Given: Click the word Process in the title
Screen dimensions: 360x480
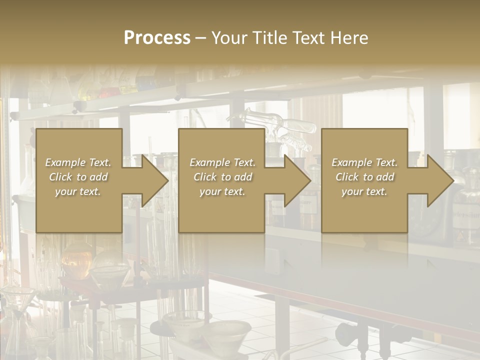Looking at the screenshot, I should [157, 37].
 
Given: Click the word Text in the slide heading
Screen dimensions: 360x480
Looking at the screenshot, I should [309, 37].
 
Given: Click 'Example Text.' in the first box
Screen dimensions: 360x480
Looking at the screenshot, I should [78, 162].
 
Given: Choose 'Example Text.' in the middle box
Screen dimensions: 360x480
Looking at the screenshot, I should [222, 162].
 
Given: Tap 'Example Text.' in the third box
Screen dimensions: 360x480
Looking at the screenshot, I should [364, 162].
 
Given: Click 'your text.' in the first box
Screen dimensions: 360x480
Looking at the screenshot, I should [78, 191].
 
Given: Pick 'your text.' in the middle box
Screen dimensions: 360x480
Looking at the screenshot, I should [222, 191].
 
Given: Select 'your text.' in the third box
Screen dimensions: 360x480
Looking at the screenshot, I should [364, 191].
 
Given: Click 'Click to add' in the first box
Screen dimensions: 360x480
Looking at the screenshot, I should [78, 177].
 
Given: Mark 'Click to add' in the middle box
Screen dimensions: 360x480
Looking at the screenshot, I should [222, 177].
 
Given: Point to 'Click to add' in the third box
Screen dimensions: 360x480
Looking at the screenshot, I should [364, 177].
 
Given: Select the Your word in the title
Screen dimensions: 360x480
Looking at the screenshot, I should [229, 37].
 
